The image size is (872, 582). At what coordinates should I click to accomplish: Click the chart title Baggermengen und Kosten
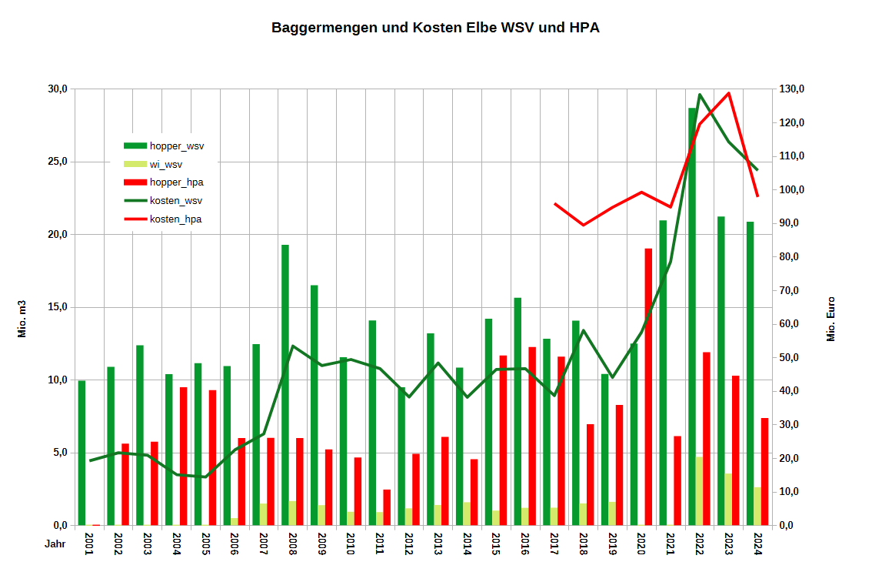[x=435, y=28]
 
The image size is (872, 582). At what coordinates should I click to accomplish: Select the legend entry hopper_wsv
[x=176, y=145]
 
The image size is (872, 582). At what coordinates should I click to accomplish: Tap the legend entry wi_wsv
[x=166, y=164]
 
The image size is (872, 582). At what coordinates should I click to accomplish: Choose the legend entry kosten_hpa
[x=175, y=219]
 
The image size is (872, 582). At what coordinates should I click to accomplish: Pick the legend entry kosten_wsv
[x=175, y=201]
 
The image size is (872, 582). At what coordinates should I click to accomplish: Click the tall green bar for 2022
[x=692, y=308]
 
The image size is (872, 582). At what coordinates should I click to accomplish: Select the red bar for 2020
[x=648, y=385]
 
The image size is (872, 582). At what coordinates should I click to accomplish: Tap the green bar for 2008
[x=285, y=385]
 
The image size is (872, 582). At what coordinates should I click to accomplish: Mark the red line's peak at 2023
[x=728, y=93]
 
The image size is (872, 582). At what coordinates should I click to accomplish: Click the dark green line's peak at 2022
[x=699, y=95]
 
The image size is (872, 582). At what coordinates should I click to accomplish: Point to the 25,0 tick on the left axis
[x=59, y=162]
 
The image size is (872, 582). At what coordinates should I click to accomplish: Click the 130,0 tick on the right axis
[x=793, y=89]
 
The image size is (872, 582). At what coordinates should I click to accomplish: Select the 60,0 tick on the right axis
[x=793, y=324]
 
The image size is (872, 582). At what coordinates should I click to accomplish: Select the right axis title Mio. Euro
[x=830, y=319]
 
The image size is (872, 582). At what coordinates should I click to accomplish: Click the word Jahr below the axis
[x=55, y=544]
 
